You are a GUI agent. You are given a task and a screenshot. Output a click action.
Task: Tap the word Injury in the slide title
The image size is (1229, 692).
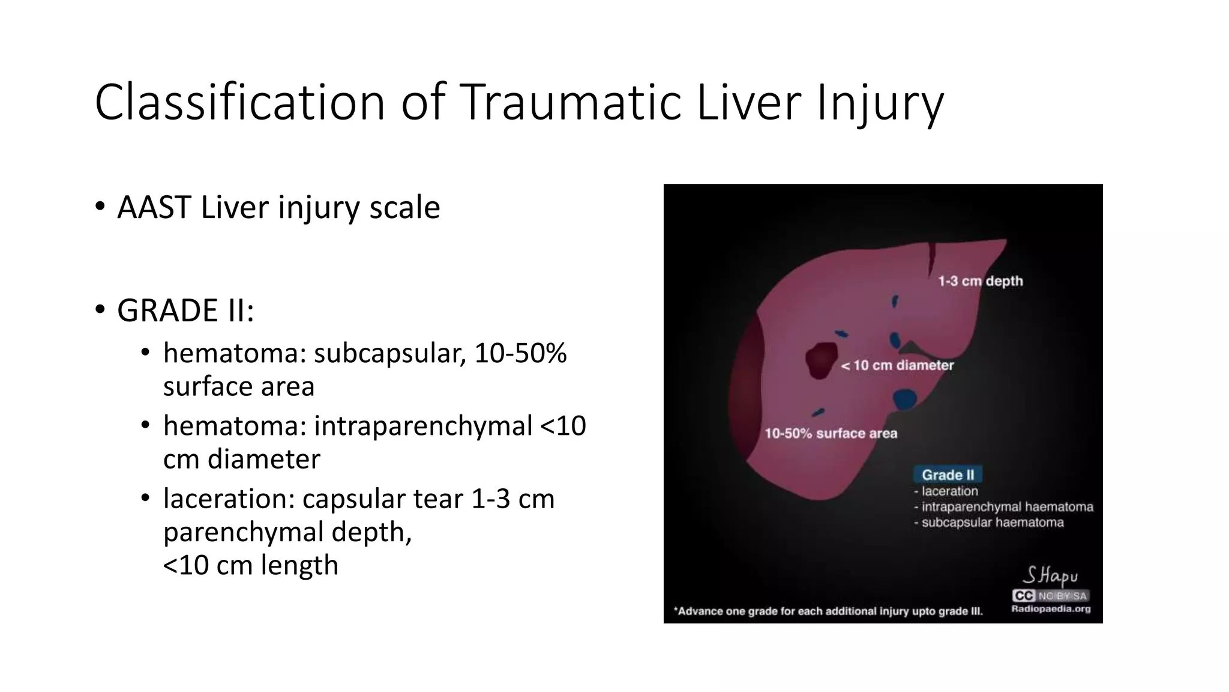coord(880,103)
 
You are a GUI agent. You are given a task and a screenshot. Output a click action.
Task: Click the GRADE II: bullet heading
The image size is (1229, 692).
coord(185,311)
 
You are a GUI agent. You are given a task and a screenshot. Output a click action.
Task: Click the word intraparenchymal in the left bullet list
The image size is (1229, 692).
coord(423,426)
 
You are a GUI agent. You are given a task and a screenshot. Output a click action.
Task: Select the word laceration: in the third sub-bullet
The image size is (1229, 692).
coord(229,499)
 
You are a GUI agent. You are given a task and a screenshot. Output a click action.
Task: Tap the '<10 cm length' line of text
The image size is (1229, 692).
coord(251,565)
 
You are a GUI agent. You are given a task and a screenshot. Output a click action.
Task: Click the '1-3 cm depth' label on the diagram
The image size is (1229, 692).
coord(981,281)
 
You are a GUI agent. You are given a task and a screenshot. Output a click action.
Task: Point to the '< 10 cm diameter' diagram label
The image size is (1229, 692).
coord(897,365)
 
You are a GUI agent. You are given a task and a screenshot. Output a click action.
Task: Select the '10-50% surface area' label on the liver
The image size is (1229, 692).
coord(831,434)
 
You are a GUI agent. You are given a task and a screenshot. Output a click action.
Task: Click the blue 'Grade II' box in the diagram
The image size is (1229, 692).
coord(948,475)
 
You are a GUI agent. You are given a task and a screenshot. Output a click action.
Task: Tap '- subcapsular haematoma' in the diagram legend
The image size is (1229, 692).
coord(992,523)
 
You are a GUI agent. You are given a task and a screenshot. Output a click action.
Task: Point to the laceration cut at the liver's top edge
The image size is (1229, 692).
coord(931,257)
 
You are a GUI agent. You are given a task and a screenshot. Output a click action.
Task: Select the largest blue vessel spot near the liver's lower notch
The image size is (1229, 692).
coord(904,399)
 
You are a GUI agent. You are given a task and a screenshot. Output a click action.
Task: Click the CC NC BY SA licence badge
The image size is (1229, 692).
coord(1050,596)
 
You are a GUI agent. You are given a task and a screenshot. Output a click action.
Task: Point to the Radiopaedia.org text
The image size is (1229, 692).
coord(1051,609)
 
